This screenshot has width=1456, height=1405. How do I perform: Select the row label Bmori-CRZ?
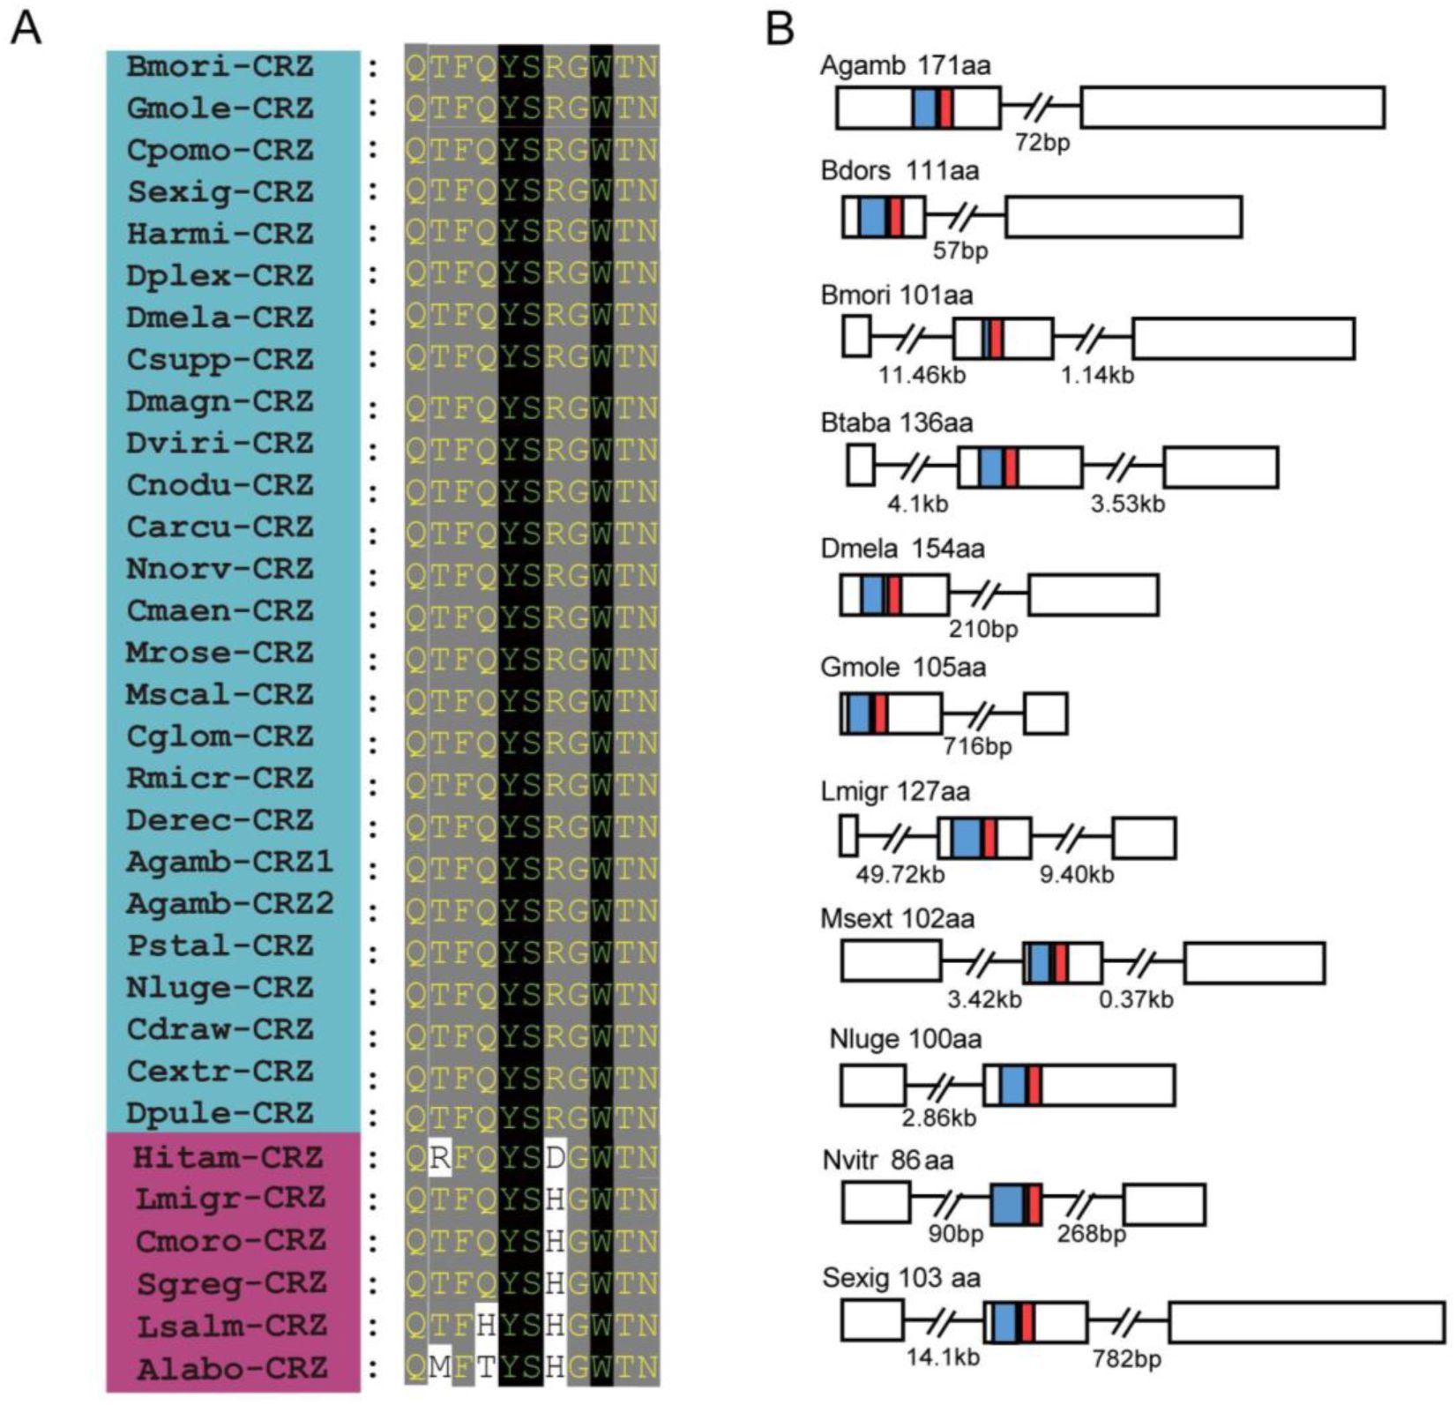(220, 66)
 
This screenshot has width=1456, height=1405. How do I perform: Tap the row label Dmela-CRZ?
(220, 318)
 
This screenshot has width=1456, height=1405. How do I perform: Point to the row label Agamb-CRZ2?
(229, 904)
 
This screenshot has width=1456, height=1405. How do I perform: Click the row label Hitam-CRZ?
(228, 1156)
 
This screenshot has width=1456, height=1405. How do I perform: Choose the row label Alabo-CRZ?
(231, 1369)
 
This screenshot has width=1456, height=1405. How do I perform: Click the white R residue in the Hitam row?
(439, 1157)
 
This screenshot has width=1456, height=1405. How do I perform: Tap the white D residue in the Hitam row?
(555, 1157)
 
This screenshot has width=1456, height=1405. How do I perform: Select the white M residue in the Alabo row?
(439, 1369)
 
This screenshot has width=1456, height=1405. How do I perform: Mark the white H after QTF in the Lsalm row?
(486, 1326)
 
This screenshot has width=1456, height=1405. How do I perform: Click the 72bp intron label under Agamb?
(1042, 141)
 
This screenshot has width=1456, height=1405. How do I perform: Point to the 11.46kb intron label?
(922, 375)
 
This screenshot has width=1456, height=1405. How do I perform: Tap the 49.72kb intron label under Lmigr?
(900, 874)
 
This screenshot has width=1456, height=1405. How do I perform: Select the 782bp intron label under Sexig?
(1126, 1359)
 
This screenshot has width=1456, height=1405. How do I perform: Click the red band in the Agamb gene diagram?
(945, 108)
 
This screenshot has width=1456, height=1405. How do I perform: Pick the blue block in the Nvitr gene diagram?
(1006, 1204)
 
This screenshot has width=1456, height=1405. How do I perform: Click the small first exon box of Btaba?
(861, 466)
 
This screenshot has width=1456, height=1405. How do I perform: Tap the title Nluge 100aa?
(905, 1039)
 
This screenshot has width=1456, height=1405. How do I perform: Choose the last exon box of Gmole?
(1045, 714)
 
